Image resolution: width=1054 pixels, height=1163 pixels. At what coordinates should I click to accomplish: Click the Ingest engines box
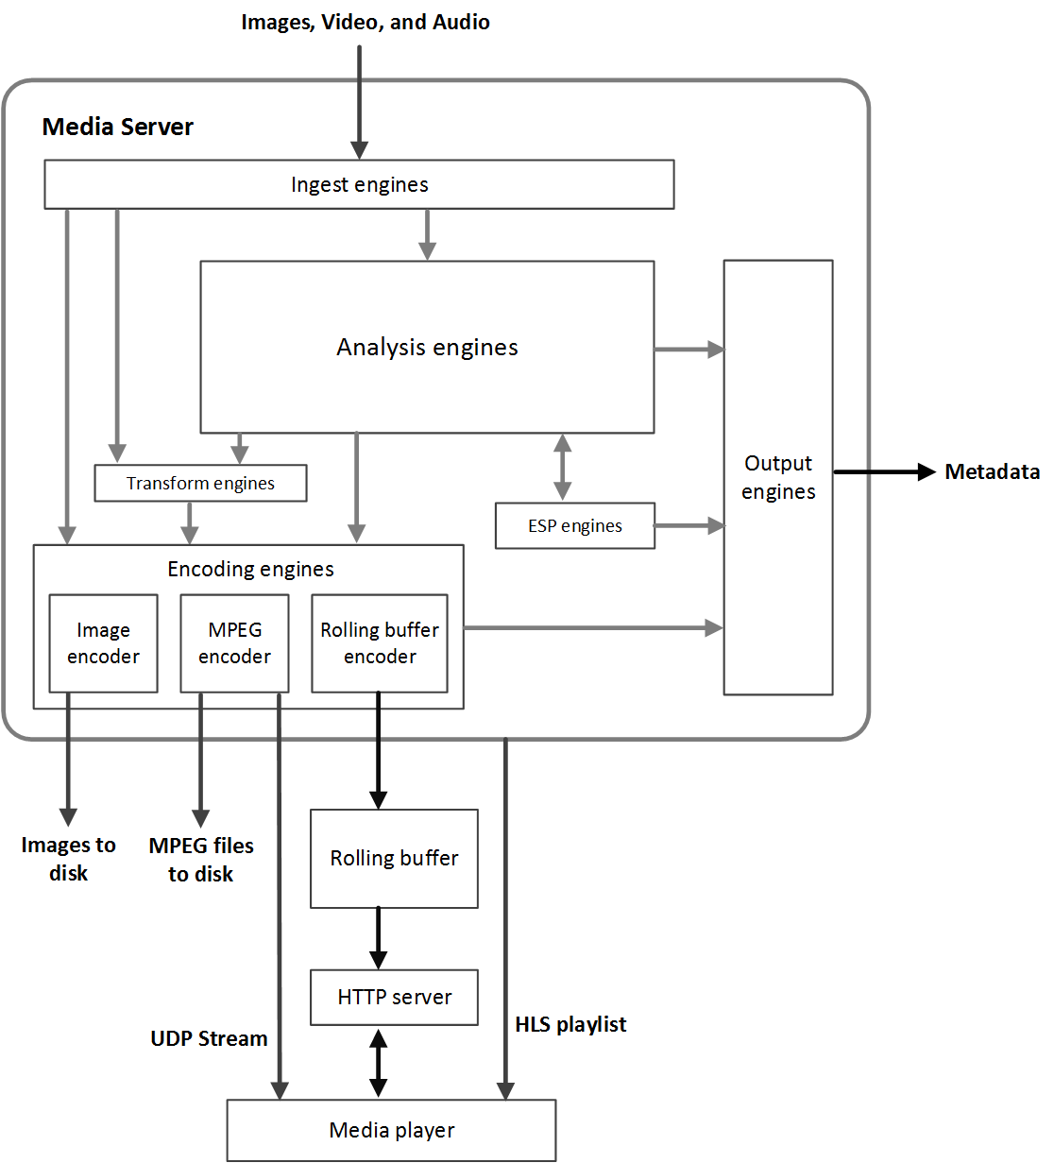(359, 184)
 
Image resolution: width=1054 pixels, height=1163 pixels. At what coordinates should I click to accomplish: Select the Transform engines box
(200, 483)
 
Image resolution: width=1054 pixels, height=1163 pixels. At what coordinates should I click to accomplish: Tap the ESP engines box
(574, 525)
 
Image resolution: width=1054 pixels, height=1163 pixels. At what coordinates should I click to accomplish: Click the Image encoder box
(103, 643)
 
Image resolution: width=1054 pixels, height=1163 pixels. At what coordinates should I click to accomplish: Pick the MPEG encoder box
(234, 643)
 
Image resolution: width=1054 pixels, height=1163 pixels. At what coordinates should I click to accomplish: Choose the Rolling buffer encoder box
(380, 643)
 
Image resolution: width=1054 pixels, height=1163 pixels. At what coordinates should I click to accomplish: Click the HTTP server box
(394, 997)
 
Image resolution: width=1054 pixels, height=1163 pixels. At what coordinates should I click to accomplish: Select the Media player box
(391, 1130)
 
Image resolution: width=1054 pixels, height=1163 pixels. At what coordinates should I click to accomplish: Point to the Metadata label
(992, 471)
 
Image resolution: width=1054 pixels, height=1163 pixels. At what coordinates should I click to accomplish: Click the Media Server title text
(118, 127)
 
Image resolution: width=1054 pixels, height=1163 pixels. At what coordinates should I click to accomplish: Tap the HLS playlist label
(570, 1024)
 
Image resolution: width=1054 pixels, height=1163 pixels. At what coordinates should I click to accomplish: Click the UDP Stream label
(209, 1038)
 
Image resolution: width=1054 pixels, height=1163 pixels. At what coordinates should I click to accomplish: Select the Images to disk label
(68, 859)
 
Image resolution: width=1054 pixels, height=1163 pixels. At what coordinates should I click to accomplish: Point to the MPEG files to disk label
(201, 860)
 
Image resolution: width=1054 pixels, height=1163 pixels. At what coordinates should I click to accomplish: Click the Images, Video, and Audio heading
(365, 22)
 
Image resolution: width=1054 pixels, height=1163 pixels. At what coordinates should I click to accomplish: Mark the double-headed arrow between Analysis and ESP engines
(563, 467)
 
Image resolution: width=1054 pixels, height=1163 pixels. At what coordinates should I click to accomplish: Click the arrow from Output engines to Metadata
(883, 471)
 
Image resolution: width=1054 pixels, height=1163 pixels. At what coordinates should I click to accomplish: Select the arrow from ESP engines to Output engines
(689, 525)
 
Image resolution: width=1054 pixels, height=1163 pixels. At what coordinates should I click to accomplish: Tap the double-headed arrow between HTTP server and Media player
(378, 1063)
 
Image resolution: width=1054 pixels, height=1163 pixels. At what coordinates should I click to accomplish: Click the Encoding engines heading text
(250, 569)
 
